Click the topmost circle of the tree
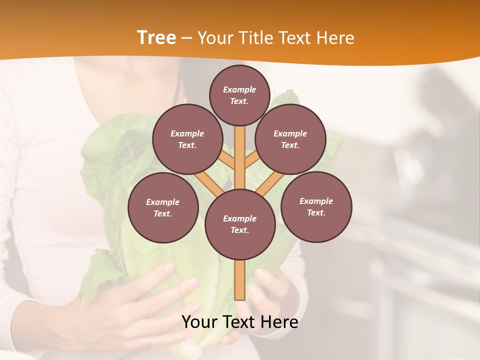pos(239,95)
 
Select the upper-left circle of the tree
pos(187,139)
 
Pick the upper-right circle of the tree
pos(290,139)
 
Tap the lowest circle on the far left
pos(163,208)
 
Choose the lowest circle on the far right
pos(316,207)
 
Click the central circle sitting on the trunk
pos(240,224)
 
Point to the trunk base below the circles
pos(240,280)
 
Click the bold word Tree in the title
pos(156,38)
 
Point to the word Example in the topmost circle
pos(239,89)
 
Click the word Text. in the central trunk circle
pos(239,230)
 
